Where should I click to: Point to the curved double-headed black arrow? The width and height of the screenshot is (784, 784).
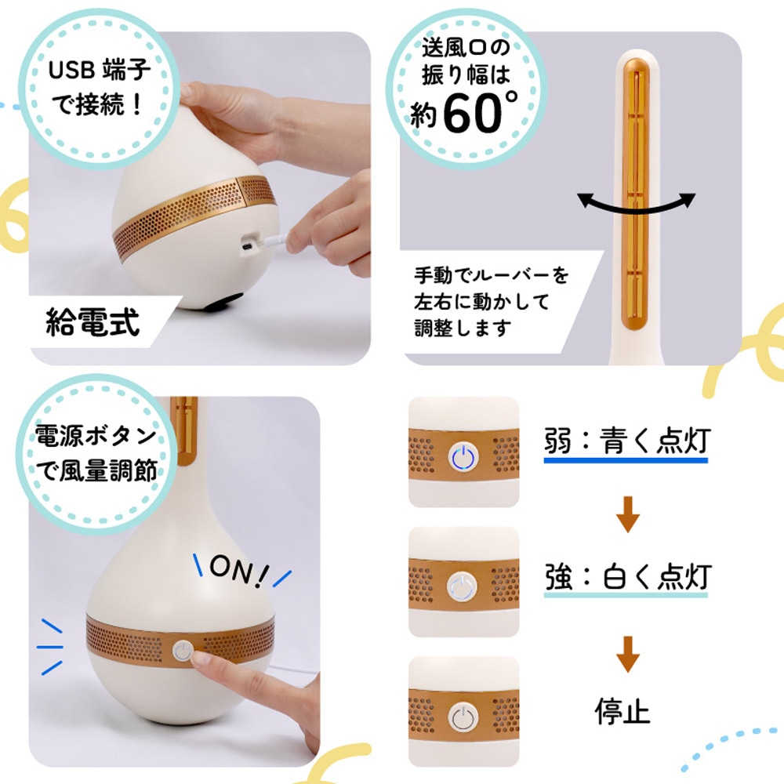click(x=637, y=203)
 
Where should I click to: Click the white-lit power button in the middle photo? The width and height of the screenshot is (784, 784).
click(x=463, y=586)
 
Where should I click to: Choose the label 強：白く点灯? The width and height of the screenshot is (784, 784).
click(x=626, y=578)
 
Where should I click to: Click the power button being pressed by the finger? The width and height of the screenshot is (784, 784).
click(x=183, y=651)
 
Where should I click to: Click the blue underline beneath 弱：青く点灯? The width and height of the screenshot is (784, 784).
click(x=626, y=460)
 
